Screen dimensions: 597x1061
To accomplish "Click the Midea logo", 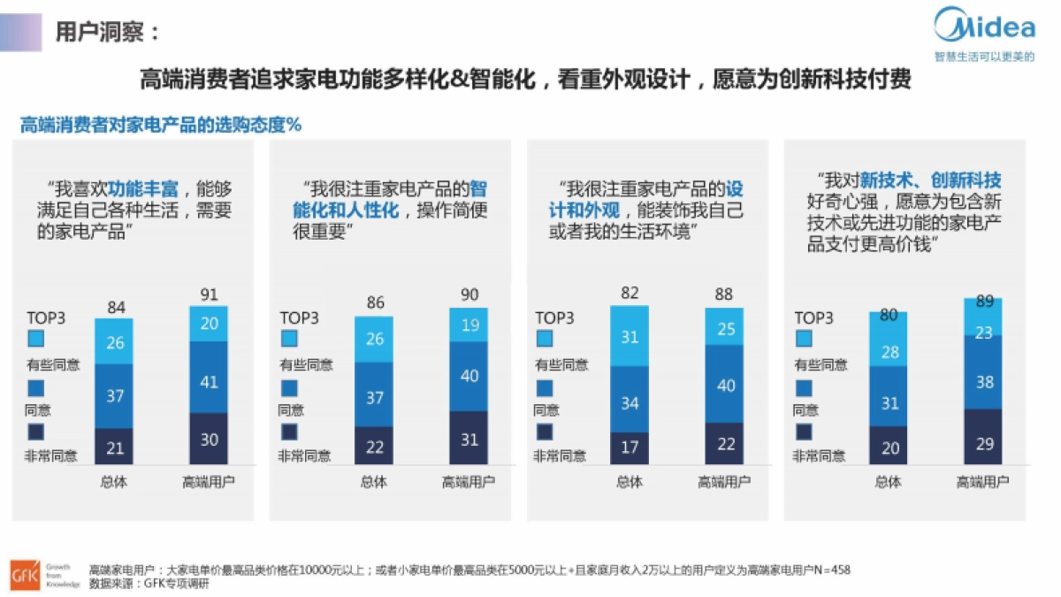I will pyautogui.click(x=984, y=27).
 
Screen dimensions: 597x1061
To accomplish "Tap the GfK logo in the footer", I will pyautogui.click(x=21, y=574).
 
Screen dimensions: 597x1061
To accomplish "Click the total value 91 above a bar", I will pyautogui.click(x=209, y=295).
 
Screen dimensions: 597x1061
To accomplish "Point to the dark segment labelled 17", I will pyautogui.click(x=630, y=448).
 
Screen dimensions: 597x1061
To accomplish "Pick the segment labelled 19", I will pyautogui.click(x=469, y=325).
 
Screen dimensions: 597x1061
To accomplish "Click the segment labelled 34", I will pyautogui.click(x=630, y=403).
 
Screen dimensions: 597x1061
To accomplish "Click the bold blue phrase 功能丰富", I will pyautogui.click(x=143, y=188).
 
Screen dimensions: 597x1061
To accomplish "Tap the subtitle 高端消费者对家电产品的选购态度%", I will pyautogui.click(x=161, y=125).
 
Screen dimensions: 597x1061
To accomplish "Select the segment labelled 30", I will pyautogui.click(x=209, y=439).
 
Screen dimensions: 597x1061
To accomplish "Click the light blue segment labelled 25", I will pyautogui.click(x=724, y=329).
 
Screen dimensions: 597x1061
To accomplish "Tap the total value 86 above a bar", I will pyautogui.click(x=375, y=303).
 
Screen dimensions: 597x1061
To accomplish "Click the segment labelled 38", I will pyautogui.click(x=983, y=382).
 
